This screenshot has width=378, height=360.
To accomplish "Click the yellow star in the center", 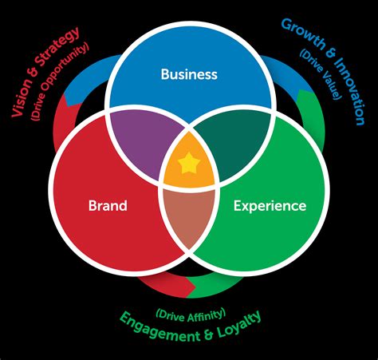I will click(x=189, y=164).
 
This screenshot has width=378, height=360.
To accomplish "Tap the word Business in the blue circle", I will click(x=189, y=74).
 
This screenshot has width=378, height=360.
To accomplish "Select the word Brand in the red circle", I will click(x=108, y=206).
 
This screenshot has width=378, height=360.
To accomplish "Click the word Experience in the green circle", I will click(x=270, y=206).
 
